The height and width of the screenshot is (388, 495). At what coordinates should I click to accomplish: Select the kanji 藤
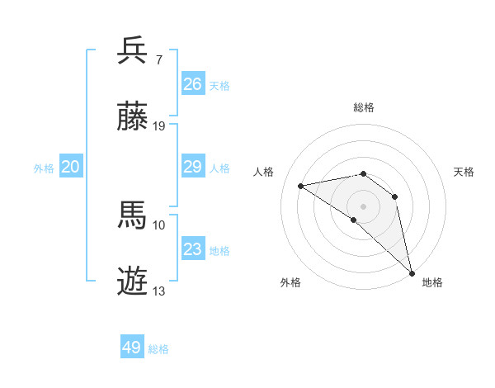133,118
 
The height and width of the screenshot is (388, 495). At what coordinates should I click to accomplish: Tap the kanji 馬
133,215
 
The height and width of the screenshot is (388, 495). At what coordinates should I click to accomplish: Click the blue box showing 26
193,83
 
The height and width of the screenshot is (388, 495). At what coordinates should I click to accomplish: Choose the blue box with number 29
193,167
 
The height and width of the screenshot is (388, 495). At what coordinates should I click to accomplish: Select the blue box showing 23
193,249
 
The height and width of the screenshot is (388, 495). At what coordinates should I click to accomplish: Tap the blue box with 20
71,167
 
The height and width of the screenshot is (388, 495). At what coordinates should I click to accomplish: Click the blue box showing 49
132,348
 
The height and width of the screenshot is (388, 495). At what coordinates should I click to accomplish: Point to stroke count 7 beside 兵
159,59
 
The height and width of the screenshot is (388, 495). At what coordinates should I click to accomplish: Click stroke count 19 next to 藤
159,126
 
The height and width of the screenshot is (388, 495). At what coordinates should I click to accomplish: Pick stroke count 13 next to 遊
159,291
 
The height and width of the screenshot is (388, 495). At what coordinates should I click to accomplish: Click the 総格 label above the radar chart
364,108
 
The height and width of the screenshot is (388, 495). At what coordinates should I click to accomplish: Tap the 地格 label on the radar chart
433,282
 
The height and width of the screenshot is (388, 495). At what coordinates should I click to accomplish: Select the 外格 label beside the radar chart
290,282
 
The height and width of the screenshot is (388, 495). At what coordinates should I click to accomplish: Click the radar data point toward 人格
301,186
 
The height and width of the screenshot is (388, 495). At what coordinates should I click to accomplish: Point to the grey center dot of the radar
364,206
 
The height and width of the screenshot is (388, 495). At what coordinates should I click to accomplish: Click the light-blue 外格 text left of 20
44,168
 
